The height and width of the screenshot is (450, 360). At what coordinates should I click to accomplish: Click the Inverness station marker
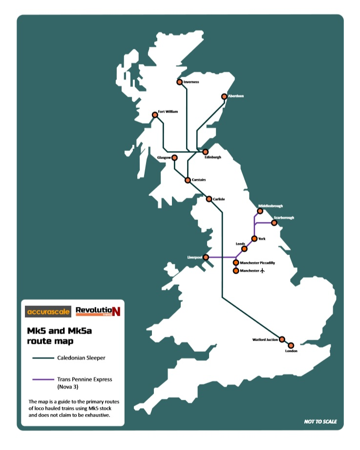180,82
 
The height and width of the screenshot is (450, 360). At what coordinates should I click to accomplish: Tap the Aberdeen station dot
225,96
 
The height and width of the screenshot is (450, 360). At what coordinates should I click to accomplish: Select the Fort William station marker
155,115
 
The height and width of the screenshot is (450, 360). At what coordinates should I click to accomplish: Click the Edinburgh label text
213,157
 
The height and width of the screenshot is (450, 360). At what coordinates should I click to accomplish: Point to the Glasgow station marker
174,158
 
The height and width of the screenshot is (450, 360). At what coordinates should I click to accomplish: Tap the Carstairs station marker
188,180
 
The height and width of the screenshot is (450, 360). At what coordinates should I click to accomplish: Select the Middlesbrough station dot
260,211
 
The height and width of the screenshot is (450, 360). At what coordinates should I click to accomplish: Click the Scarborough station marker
274,223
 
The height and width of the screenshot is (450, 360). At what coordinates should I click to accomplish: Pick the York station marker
254,239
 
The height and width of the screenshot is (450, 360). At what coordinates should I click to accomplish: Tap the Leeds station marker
245,249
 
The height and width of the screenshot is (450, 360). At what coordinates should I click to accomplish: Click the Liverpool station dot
206,257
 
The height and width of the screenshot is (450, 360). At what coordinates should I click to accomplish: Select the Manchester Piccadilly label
257,263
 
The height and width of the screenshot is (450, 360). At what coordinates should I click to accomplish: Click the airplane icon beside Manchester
263,270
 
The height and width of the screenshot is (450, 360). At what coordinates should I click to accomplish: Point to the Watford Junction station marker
282,339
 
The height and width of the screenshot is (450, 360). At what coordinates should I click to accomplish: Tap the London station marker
291,345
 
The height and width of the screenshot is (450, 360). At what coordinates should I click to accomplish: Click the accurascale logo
48,311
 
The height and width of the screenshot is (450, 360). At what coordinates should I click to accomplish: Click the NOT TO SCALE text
320,422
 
